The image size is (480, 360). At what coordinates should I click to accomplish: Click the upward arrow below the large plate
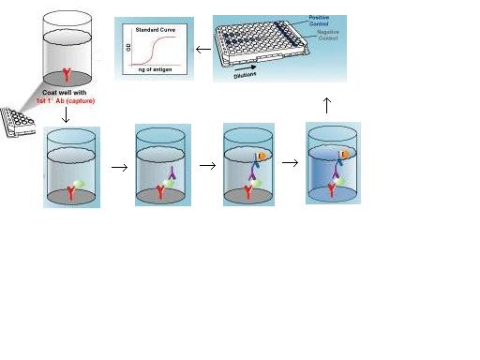pyautogui.click(x=326, y=104)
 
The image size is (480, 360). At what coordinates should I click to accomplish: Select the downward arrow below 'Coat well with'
pyautogui.click(x=67, y=117)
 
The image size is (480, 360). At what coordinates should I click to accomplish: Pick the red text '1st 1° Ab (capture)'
pyautogui.click(x=70, y=101)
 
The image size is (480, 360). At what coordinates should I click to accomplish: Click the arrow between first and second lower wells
pyautogui.click(x=119, y=168)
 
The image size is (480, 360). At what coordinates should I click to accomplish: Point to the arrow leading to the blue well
pyautogui.click(x=291, y=163)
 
